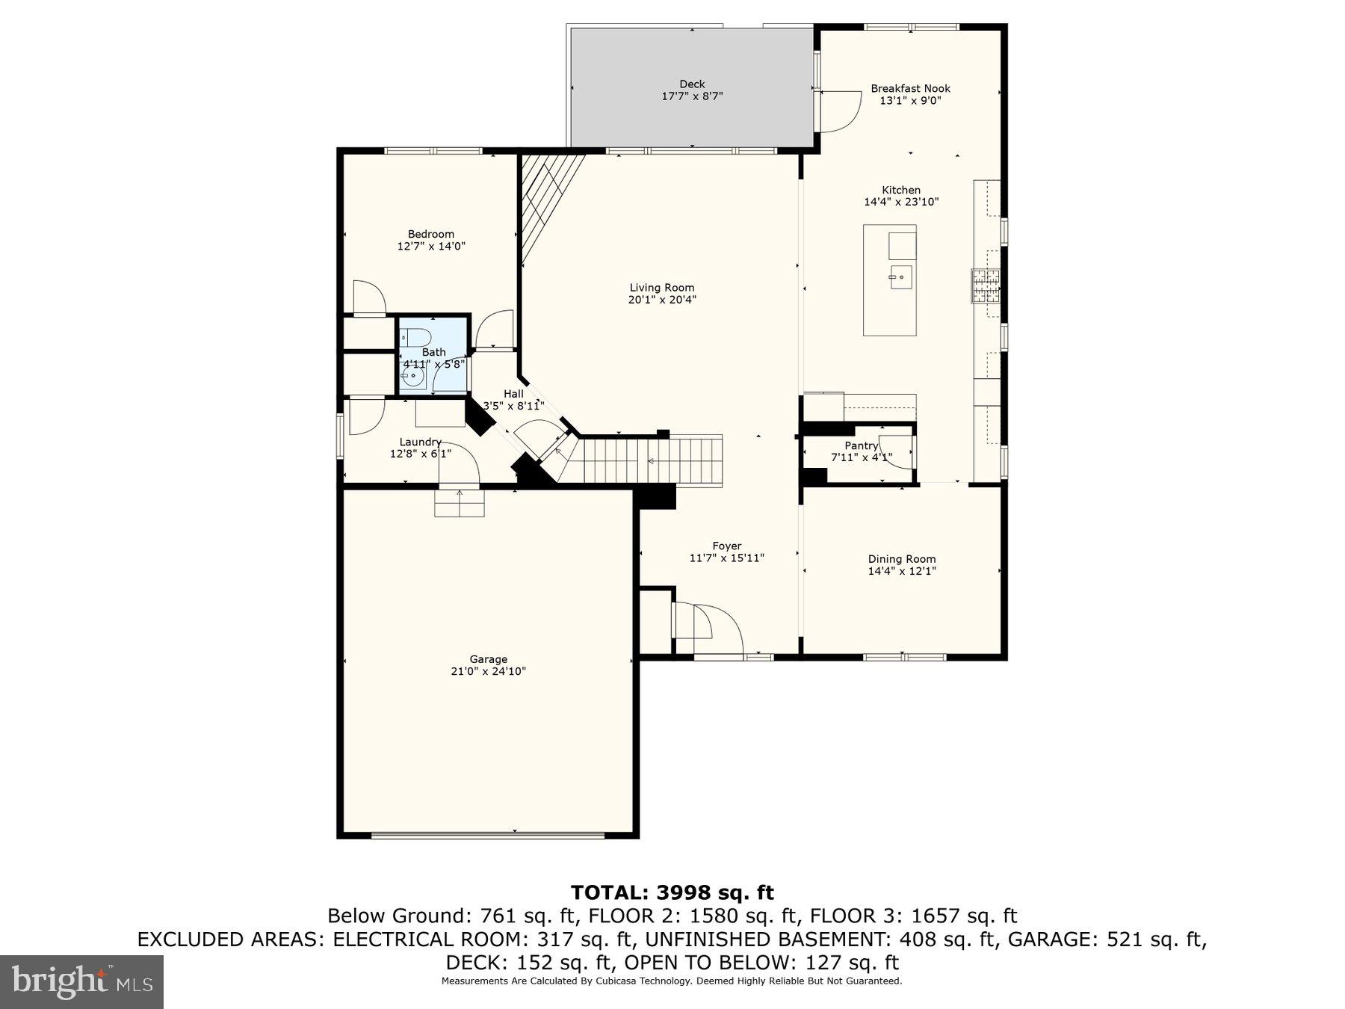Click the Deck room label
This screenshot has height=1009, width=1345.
(x=692, y=84)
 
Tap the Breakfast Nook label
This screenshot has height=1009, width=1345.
(x=910, y=88)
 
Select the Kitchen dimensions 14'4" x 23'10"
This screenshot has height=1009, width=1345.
(x=901, y=202)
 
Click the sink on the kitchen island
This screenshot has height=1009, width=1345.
(x=900, y=277)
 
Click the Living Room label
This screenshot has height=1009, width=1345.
(x=661, y=288)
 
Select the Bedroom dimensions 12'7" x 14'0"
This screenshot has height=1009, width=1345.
(x=431, y=246)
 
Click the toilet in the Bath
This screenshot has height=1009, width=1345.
(x=415, y=336)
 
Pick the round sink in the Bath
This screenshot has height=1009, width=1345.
(x=412, y=376)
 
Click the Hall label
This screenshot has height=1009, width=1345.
(x=513, y=394)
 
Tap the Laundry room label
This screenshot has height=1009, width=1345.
(x=420, y=442)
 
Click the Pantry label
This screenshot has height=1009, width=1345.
(x=861, y=445)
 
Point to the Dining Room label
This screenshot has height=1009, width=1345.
(x=901, y=559)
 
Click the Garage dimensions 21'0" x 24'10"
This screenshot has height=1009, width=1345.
(x=488, y=671)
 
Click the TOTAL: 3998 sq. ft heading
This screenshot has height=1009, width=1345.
(x=672, y=892)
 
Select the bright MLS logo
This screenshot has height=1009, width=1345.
(x=81, y=981)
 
